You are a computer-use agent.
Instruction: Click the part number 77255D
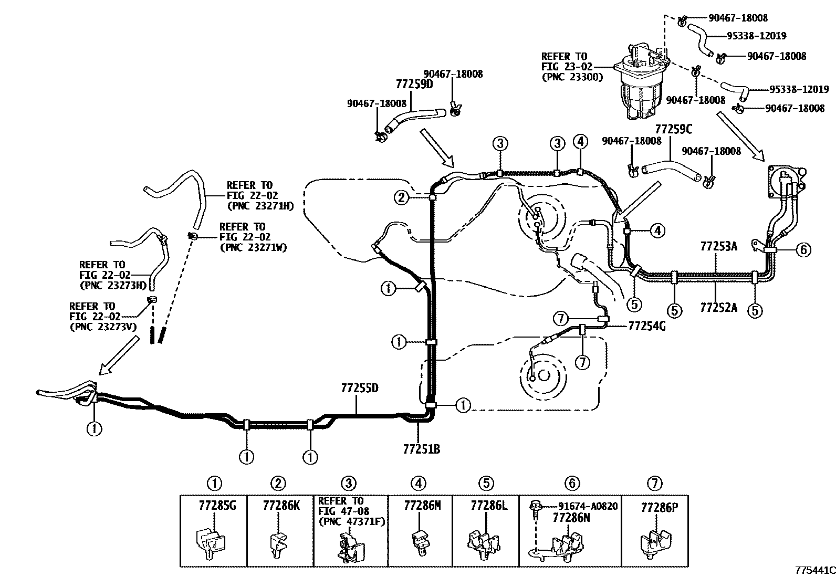click(x=359, y=388)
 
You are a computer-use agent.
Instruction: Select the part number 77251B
click(x=421, y=449)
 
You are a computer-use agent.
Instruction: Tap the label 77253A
click(x=718, y=246)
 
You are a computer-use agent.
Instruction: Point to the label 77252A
click(x=718, y=308)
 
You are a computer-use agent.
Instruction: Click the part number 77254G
click(x=647, y=326)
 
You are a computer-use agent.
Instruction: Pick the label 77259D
click(x=414, y=85)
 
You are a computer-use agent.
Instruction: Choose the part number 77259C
click(x=674, y=129)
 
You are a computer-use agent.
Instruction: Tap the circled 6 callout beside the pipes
click(x=803, y=249)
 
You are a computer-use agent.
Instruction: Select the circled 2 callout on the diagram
click(x=402, y=197)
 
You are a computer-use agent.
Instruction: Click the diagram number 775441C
click(x=815, y=570)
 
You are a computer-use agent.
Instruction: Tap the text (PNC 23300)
click(x=572, y=77)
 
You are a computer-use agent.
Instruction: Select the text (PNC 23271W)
click(x=253, y=247)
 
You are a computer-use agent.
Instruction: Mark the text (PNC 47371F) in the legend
click(x=351, y=521)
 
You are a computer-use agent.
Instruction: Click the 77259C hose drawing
click(x=671, y=171)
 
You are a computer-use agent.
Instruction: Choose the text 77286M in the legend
click(x=422, y=506)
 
